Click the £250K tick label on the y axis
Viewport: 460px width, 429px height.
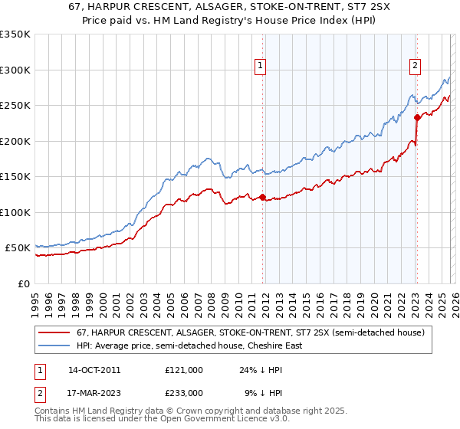click(15, 105)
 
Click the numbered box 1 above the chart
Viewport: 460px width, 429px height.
click(261, 67)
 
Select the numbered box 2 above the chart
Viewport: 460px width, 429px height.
click(415, 67)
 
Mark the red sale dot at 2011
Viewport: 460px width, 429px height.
click(262, 198)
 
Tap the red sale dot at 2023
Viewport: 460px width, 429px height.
click(417, 117)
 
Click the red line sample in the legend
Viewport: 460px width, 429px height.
click(54, 332)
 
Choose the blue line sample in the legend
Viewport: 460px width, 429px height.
click(54, 345)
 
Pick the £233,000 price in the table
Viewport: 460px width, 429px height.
click(183, 392)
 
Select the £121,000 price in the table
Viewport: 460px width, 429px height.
click(183, 369)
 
